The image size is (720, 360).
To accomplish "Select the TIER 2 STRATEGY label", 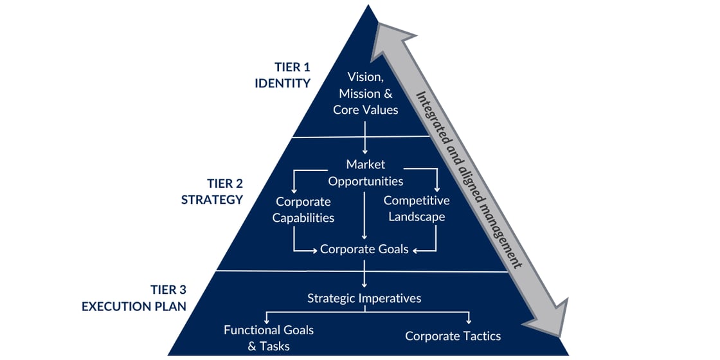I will coord(212,191).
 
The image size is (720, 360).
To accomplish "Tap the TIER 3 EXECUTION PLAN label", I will coord(134,298).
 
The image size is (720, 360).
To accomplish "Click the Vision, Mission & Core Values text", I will coord(365,93).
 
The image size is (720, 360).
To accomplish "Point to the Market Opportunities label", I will coord(365,172).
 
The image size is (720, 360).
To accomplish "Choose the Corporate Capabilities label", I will coord(303,209).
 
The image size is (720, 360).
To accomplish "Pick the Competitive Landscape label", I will coord(416,209).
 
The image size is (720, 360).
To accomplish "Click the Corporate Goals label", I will coord(364,249).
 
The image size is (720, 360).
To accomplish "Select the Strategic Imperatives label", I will coord(364,298).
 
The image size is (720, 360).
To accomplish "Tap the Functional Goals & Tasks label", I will coord(269,337).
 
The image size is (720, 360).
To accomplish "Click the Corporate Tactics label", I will coord(453,336).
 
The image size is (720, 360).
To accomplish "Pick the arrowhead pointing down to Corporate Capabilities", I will coord(294,190).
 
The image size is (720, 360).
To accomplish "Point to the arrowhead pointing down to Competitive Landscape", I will coord(437,189).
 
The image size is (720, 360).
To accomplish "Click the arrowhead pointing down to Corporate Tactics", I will coord(469,319).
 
